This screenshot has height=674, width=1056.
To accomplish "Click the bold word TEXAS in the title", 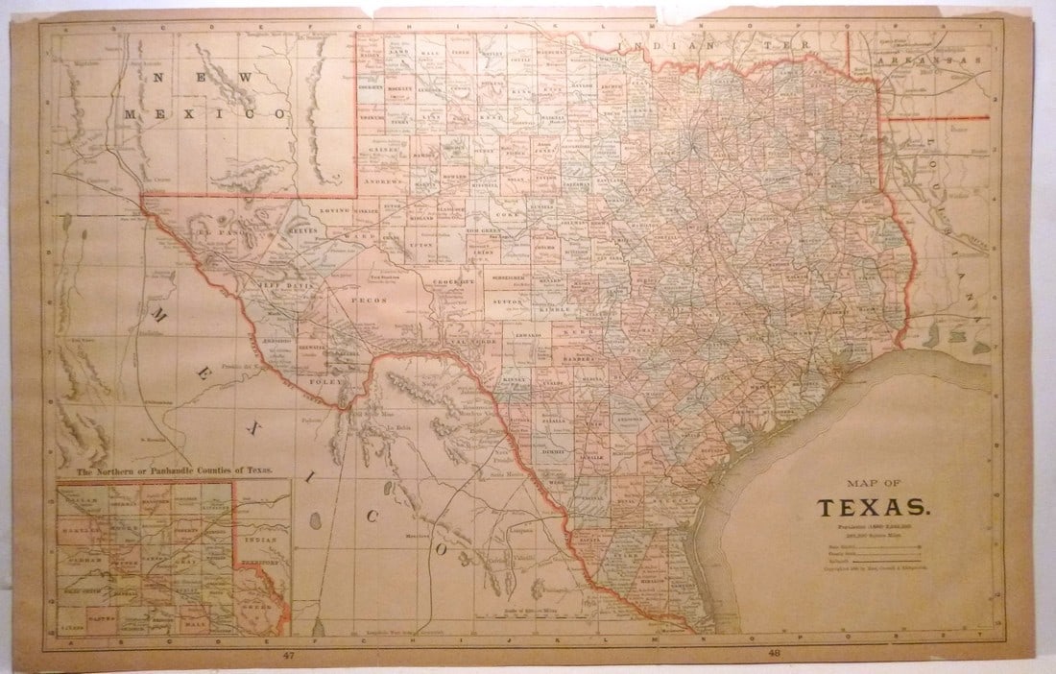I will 872,506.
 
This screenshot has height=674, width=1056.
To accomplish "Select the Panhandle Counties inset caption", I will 174,470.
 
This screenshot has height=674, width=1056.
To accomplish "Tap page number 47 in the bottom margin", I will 287,655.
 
